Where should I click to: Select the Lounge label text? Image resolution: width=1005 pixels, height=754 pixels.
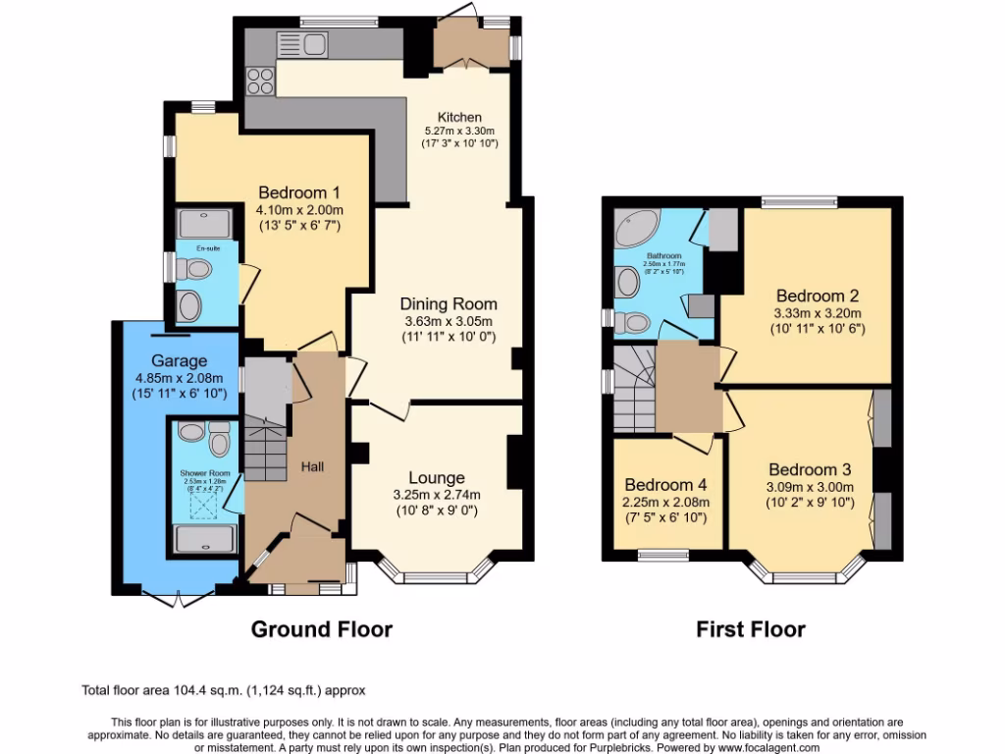click(436, 478)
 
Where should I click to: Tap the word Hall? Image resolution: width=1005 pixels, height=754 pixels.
click(313, 466)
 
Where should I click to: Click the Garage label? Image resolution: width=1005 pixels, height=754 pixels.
click(178, 360)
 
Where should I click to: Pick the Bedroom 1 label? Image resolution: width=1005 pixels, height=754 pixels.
click(298, 192)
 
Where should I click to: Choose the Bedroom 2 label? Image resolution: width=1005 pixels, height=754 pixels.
click(818, 296)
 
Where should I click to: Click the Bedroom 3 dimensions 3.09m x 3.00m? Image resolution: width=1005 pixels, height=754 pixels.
click(810, 486)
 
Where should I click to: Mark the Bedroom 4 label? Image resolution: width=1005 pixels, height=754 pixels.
click(665, 485)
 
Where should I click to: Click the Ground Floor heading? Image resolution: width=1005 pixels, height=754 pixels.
click(322, 629)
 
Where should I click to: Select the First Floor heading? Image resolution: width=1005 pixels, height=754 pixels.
click(751, 629)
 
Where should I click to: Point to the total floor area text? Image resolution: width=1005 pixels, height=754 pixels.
click(223, 691)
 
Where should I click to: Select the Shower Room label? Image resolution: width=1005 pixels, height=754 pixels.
click(204, 472)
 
